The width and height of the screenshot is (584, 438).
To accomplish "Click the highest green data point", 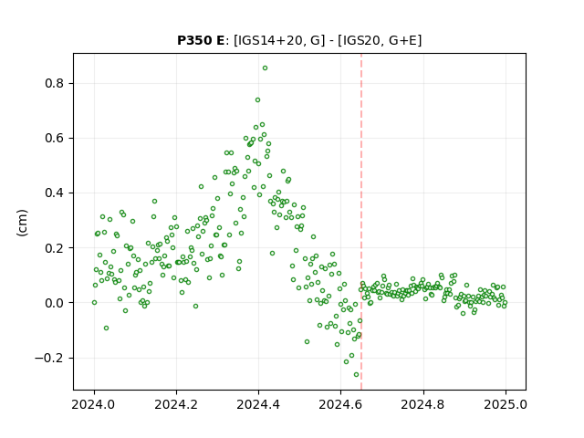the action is point(265,68).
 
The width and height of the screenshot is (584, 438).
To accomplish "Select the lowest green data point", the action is point(357,375).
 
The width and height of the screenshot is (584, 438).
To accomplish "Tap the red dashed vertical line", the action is point(361,222).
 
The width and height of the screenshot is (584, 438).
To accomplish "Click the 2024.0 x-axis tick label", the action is point(94,404).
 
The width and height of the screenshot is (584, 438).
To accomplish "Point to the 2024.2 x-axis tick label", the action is point(176,404).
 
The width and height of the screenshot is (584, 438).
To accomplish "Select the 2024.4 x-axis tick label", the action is point(258,404).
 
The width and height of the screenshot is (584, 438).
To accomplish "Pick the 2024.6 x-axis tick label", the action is point(340,404).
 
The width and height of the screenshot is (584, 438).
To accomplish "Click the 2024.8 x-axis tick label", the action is point(423,404).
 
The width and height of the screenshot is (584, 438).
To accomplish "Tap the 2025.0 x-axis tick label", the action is point(506,404).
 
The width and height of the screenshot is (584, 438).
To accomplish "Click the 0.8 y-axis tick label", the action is point(55,83).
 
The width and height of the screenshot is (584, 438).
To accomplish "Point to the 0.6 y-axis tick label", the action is point(55,138).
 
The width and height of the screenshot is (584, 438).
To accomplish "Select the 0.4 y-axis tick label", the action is point(55,193).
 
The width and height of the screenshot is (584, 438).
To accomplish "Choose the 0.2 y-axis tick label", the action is point(55,248).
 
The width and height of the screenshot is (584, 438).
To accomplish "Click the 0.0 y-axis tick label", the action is point(55,303).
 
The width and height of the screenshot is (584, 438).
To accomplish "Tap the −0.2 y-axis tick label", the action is point(49,358).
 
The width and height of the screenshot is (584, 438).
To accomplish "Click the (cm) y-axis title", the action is point(22,223).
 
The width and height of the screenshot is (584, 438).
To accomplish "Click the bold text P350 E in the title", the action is point(201,40).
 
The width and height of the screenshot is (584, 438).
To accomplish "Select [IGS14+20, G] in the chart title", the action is point(276,40).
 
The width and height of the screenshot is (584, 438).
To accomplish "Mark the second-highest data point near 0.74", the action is point(257,99).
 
